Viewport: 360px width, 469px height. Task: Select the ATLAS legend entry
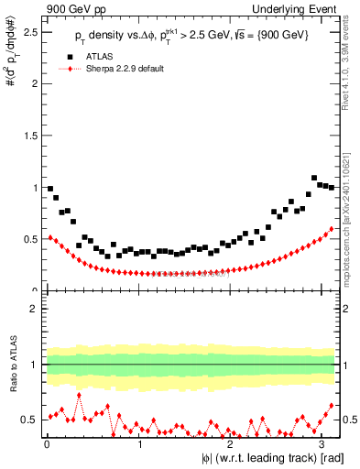100,57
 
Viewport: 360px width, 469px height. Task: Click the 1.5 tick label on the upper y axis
31,136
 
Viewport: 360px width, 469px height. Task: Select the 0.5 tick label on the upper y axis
31,240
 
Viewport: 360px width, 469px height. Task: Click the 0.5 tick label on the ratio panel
31,420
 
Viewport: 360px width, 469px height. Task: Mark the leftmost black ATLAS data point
50,189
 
